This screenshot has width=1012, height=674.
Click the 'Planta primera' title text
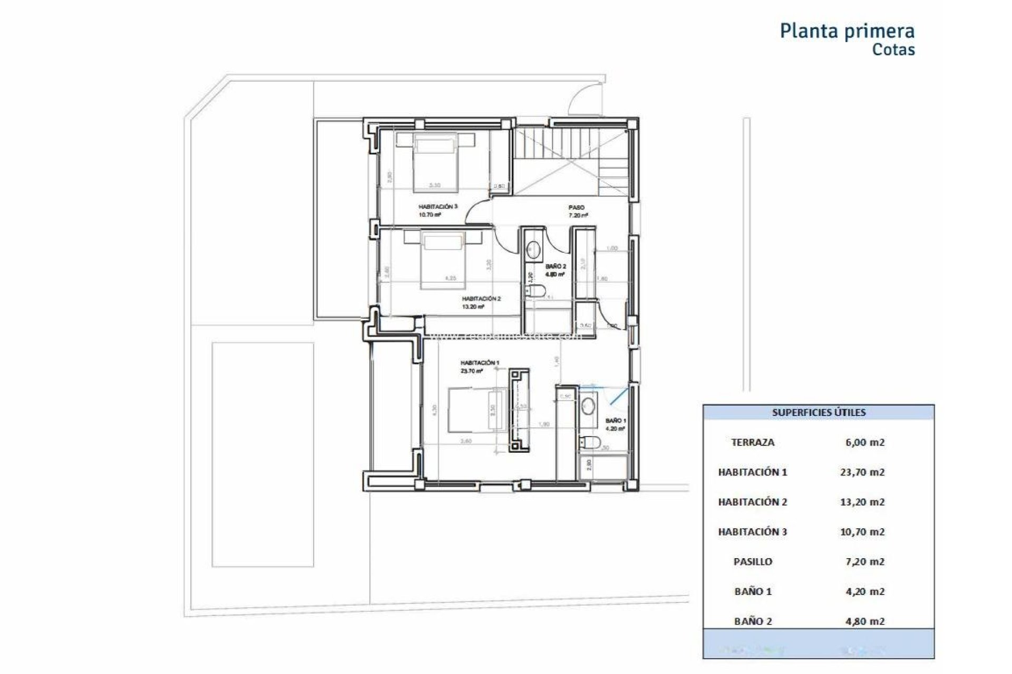[x=846, y=31]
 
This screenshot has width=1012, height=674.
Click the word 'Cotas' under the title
[x=893, y=50]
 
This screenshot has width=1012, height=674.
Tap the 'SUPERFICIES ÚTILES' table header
[x=819, y=413]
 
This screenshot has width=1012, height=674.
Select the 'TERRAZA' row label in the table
[x=753, y=443]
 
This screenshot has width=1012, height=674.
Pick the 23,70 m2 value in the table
[x=862, y=472]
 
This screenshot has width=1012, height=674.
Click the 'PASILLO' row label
[x=753, y=562]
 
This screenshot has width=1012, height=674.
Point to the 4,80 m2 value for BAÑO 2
[x=862, y=621]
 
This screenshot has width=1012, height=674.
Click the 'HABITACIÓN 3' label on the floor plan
[x=438, y=207]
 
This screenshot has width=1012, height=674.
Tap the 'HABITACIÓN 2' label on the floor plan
[x=481, y=299]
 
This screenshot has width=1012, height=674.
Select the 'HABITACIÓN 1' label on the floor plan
[x=480, y=363]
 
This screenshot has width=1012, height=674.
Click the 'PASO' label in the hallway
[x=576, y=208]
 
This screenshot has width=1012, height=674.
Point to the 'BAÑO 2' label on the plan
[x=556, y=267]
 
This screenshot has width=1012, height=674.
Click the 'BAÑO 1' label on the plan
[x=616, y=421]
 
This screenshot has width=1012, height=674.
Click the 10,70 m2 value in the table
[x=862, y=532]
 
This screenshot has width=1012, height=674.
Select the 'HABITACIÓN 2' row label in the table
[x=753, y=502]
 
